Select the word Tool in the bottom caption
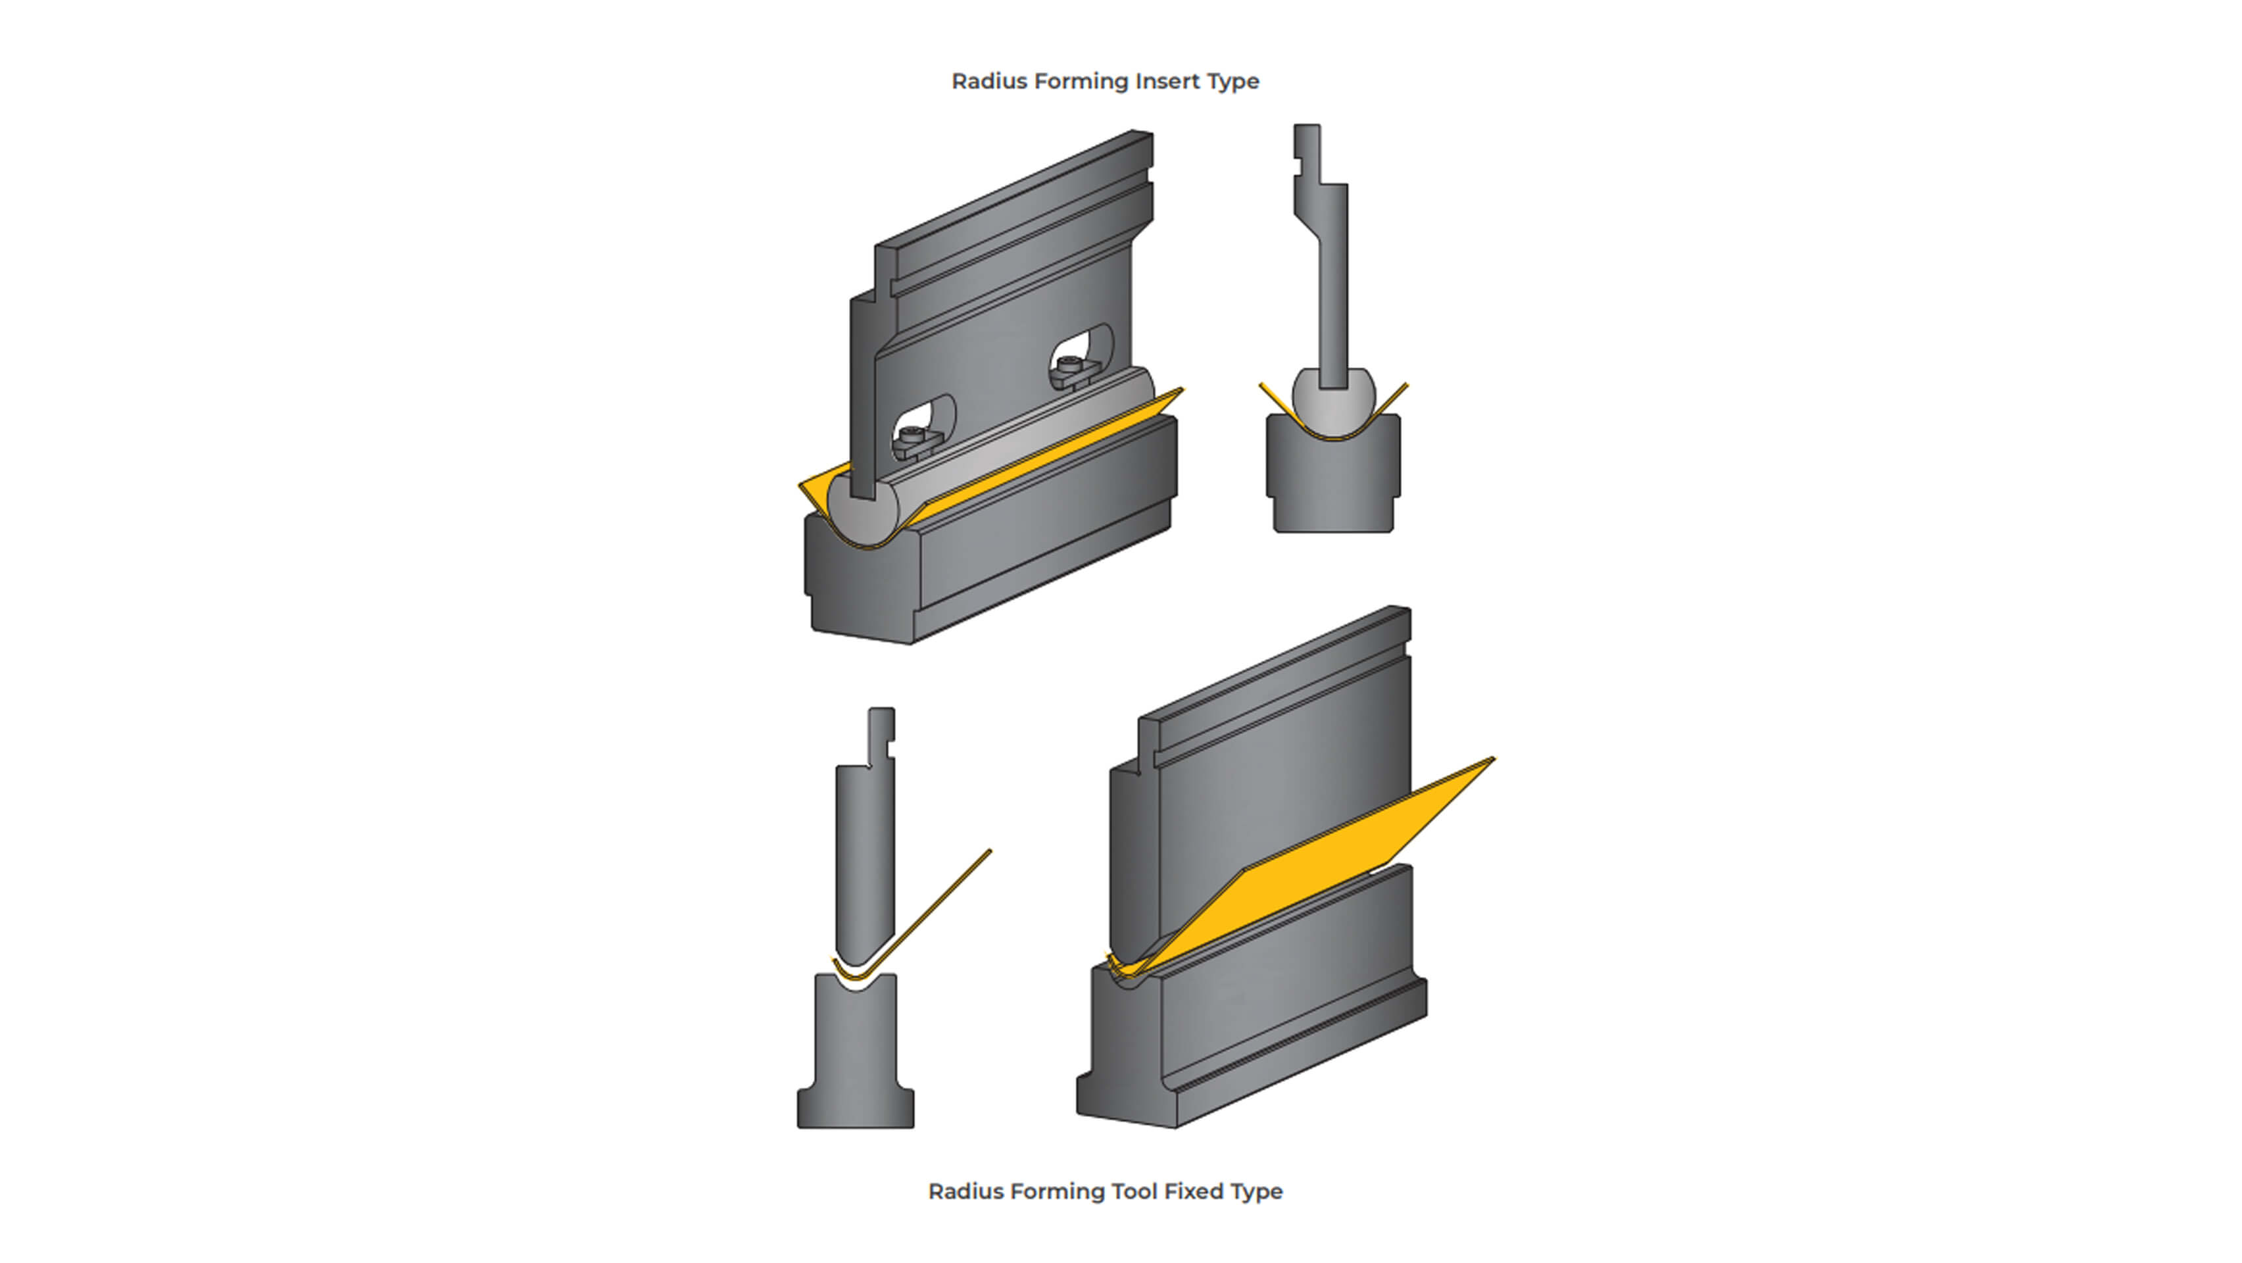[1133, 1191]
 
